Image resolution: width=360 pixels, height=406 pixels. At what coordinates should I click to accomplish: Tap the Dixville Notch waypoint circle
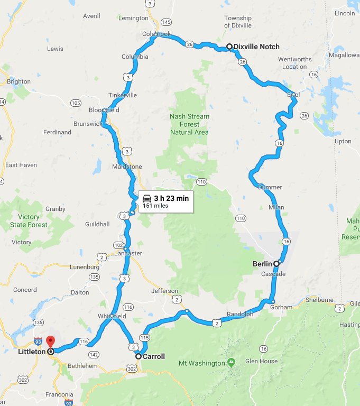click(x=229, y=47)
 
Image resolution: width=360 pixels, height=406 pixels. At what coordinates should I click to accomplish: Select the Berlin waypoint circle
click(x=276, y=263)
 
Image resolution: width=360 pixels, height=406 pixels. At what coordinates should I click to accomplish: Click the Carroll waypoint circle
click(x=139, y=356)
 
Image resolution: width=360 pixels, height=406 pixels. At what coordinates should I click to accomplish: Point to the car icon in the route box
click(x=147, y=198)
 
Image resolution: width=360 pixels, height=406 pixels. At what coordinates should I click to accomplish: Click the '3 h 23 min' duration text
click(x=171, y=198)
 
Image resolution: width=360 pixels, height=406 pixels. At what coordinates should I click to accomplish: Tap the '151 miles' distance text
click(x=155, y=206)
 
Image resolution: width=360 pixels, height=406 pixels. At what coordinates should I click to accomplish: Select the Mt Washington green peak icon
click(x=231, y=363)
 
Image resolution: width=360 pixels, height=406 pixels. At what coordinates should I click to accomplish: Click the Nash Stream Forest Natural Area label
click(x=189, y=124)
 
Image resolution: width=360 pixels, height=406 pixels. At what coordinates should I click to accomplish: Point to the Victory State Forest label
click(x=29, y=221)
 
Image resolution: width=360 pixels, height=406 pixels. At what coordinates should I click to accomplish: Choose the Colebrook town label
click(x=156, y=34)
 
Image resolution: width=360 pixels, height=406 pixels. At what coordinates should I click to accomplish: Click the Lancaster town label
click(x=128, y=253)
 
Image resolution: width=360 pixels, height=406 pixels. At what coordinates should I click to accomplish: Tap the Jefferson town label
click(x=164, y=291)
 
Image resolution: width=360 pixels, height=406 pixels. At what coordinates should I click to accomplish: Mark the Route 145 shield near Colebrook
click(x=167, y=22)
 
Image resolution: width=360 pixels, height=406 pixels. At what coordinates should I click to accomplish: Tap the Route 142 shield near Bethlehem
click(x=95, y=354)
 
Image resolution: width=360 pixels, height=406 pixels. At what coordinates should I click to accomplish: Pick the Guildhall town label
click(x=97, y=224)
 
